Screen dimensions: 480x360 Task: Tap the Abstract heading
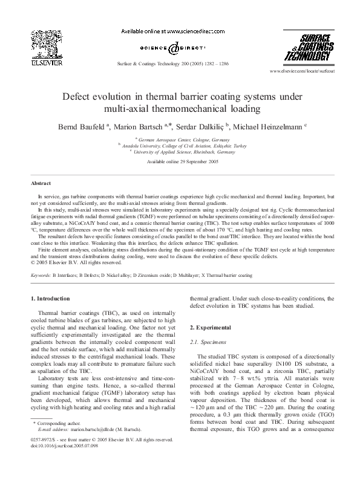click(x=41, y=183)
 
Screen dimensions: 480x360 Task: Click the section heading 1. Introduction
click(x=53, y=299)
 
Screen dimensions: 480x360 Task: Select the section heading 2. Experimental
click(x=211, y=327)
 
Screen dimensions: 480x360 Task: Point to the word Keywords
click(x=42, y=275)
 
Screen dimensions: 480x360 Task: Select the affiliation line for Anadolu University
click(x=180, y=146)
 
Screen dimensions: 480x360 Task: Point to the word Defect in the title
click(x=78, y=97)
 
